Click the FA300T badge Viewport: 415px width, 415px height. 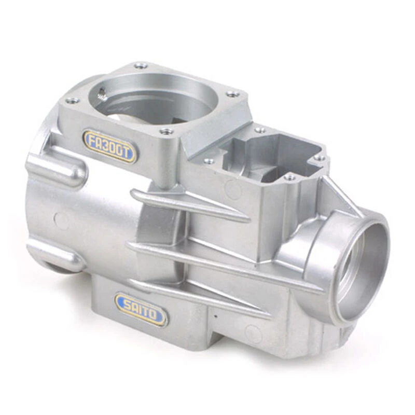click(110, 146)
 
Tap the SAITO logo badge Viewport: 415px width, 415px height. click(141, 309)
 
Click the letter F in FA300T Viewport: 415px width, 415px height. click(92, 139)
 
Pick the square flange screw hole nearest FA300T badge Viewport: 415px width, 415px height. click(165, 131)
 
